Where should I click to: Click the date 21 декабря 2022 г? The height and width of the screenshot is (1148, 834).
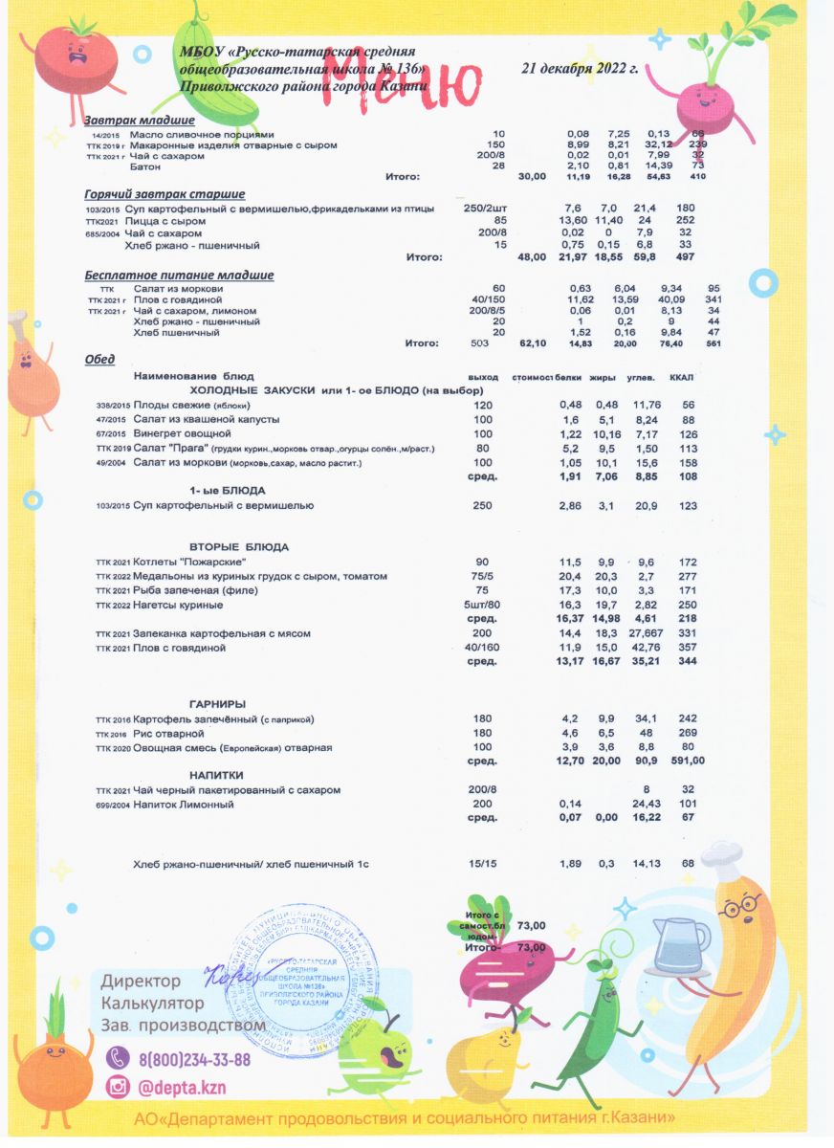click(580, 69)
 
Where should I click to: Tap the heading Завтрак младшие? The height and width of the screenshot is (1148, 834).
click(140, 121)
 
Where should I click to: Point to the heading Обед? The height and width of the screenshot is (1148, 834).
click(99, 359)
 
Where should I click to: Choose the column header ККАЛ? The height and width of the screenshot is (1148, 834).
click(681, 377)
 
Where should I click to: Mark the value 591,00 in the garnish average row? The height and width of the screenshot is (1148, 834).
click(685, 762)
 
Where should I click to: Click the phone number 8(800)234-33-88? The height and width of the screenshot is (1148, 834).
click(194, 1059)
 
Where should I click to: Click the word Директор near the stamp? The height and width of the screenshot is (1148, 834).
click(141, 982)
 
